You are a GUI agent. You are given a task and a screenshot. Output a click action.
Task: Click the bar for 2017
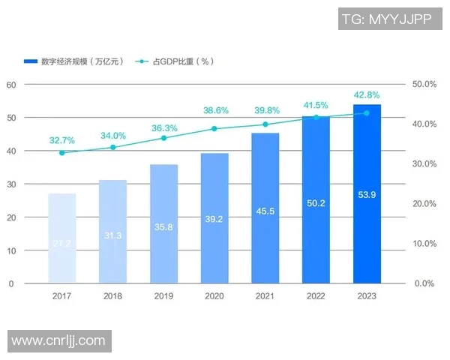click(x=61, y=238)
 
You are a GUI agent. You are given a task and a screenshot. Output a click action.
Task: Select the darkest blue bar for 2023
click(x=367, y=194)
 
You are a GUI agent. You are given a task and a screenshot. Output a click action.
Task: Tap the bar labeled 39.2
click(x=214, y=218)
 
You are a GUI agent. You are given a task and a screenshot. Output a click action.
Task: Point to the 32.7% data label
click(x=61, y=140)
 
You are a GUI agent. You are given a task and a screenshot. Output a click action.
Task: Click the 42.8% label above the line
click(x=367, y=95)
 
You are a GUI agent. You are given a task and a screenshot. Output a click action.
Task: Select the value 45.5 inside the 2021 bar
click(x=265, y=211)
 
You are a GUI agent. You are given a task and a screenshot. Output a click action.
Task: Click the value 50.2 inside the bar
click(x=316, y=203)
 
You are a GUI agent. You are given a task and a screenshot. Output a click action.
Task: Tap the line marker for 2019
click(x=163, y=138)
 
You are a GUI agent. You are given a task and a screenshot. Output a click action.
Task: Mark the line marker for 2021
click(x=265, y=124)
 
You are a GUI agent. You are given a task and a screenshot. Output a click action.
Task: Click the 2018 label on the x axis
click(x=112, y=296)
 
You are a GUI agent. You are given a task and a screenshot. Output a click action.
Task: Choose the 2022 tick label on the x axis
click(x=316, y=296)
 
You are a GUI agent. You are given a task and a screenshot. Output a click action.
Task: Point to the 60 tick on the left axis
click(x=11, y=85)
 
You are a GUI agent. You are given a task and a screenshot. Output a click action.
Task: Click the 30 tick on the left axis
click(x=11, y=184)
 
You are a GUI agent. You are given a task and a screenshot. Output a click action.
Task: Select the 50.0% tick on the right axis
click(x=424, y=85)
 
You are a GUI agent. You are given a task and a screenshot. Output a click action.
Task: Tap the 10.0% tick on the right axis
click(x=424, y=244)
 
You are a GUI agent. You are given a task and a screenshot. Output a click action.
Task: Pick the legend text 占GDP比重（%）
click(x=183, y=61)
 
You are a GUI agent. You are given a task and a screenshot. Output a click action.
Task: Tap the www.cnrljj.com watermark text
click(x=58, y=341)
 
